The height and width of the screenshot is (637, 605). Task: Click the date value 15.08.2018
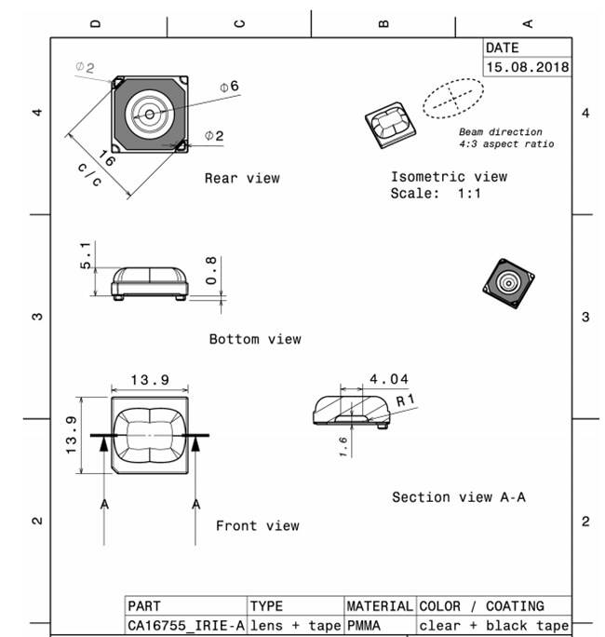coord(527,68)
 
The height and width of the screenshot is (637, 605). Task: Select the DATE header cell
coord(503,47)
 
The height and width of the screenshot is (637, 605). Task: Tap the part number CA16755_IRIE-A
coord(185,626)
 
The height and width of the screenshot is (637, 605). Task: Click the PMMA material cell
coord(364,626)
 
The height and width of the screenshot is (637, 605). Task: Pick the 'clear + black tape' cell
coord(493,626)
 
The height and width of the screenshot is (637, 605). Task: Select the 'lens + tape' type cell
coord(295,626)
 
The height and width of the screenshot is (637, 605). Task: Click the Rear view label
coord(242,178)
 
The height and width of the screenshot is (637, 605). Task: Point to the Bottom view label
coord(255,339)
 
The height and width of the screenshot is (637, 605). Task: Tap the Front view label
coord(258,526)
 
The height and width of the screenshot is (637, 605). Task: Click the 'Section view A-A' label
coord(459,497)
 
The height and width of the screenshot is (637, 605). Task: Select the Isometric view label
coord(449,177)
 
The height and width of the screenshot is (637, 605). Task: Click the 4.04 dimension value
coord(388,379)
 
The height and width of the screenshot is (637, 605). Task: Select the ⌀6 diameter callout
coord(229,86)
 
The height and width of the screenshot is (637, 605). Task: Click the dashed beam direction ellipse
coord(453,97)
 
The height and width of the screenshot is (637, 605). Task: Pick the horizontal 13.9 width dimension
coord(149,381)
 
